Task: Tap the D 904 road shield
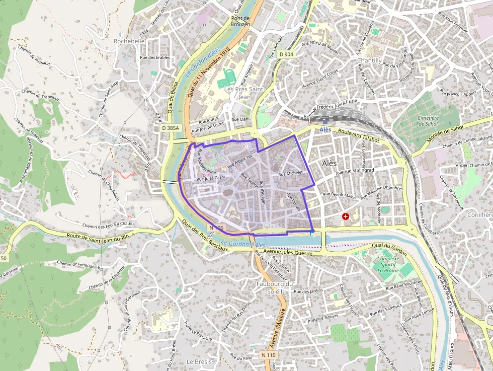(x=286, y=54)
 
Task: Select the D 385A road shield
(x=171, y=128)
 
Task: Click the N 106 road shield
(x=215, y=228)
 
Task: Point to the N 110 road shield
(x=269, y=355)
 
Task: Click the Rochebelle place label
(x=129, y=41)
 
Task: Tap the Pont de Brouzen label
(x=240, y=21)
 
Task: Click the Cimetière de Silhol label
(x=429, y=121)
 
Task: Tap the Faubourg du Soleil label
(x=275, y=287)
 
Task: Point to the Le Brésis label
(x=197, y=361)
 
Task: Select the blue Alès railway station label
(x=325, y=129)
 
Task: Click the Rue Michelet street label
(x=290, y=173)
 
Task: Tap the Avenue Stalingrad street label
(x=355, y=171)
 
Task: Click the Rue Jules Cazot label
(x=211, y=178)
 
